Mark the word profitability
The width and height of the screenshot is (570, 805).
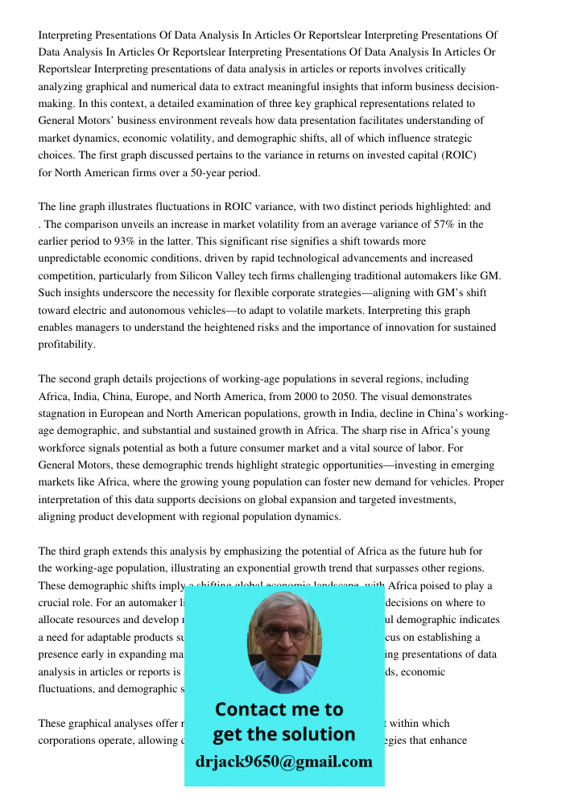click(67, 345)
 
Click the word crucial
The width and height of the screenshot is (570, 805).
click(56, 603)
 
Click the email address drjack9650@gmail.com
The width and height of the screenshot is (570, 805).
click(284, 762)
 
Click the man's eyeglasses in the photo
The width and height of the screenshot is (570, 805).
click(284, 633)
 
